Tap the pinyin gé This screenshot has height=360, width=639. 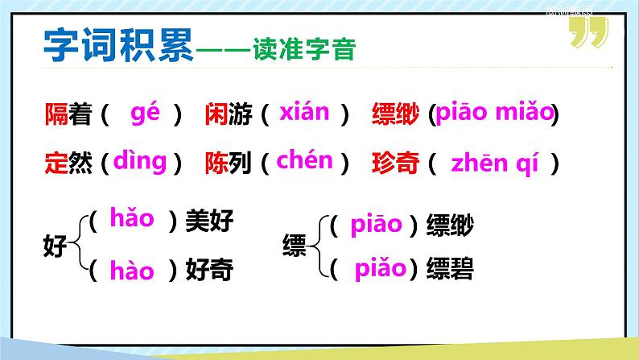click(146, 114)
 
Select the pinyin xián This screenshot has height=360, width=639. click(303, 113)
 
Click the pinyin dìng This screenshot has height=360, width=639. click(139, 160)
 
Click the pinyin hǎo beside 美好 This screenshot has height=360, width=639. click(132, 217)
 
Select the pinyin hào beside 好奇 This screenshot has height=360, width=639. click(132, 271)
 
